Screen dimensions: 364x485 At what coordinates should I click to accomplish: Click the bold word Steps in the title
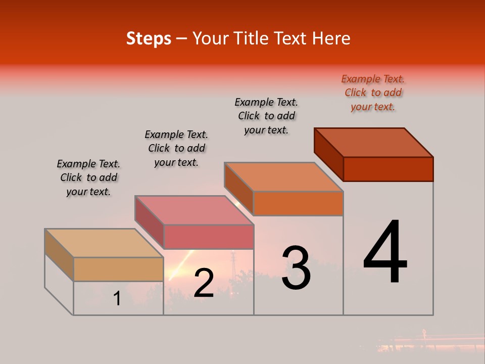[149, 38]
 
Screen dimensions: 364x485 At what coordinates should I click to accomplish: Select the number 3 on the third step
[296, 268]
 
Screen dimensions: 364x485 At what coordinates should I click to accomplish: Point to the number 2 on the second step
[204, 283]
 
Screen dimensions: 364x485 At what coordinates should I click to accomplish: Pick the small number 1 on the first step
[117, 299]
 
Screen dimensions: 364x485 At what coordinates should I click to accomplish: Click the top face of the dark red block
[374, 143]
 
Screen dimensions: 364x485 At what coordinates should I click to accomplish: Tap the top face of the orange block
[284, 177]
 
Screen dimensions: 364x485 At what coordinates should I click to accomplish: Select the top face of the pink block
[194, 210]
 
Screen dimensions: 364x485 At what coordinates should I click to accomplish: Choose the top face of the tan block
[104, 243]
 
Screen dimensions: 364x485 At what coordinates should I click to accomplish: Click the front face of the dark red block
[388, 169]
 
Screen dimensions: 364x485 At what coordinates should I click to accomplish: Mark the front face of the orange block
[298, 203]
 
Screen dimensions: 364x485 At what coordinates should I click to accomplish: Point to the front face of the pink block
[209, 237]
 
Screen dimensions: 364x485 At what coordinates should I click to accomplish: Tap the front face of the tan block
[118, 269]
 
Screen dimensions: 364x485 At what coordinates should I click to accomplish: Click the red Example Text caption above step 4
[373, 93]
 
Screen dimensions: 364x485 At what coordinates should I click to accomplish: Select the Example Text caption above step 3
[266, 116]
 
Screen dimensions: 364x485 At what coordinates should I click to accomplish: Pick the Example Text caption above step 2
[176, 148]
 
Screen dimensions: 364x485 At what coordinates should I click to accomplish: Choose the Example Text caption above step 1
[88, 177]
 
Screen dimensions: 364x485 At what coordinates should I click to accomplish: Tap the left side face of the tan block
[59, 254]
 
